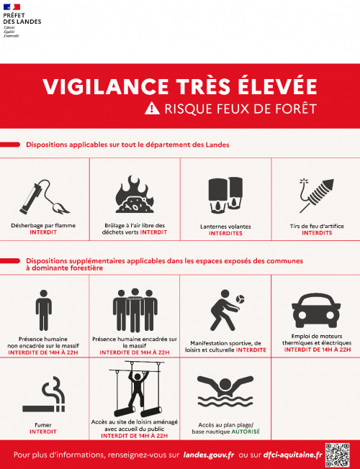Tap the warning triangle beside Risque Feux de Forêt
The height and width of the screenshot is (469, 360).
[151, 109]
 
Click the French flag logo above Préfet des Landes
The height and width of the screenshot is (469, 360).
[13, 8]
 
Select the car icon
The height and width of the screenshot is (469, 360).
[315, 307]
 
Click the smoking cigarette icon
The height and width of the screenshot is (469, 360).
[44, 399]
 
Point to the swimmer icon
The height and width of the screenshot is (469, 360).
[225, 393]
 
